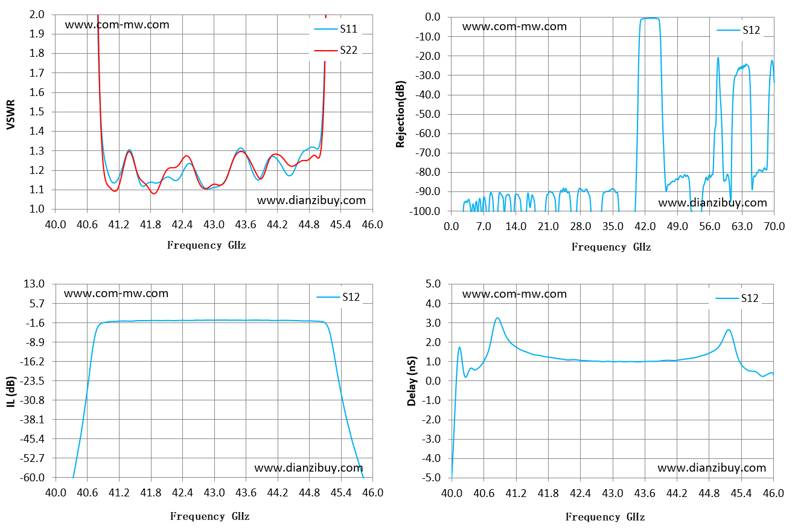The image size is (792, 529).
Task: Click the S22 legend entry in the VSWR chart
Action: [336, 50]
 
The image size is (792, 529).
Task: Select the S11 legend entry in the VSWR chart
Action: [336, 29]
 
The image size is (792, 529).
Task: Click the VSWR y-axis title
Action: [11, 115]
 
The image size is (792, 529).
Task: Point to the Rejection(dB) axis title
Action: [400, 114]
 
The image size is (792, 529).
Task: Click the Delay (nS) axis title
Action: [412, 381]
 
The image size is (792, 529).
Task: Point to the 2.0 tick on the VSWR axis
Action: [37, 14]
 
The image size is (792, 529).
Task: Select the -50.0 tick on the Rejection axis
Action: [428, 114]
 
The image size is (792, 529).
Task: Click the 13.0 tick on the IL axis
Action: [34, 284]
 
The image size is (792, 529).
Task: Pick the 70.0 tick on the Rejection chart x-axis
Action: [774, 226]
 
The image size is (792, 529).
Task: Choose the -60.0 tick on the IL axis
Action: [32, 478]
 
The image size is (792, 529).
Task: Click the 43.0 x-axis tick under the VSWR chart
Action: [214, 225]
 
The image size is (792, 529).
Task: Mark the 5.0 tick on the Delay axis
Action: [433, 284]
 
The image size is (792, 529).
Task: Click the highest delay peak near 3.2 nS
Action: [497, 318]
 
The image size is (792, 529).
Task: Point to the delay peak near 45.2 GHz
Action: [729, 330]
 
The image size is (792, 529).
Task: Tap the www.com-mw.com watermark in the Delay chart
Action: [514, 294]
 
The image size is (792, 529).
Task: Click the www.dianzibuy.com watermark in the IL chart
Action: [308, 468]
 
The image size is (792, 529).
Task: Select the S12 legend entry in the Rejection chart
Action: [738, 30]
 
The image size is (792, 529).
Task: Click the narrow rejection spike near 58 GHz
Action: [718, 58]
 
